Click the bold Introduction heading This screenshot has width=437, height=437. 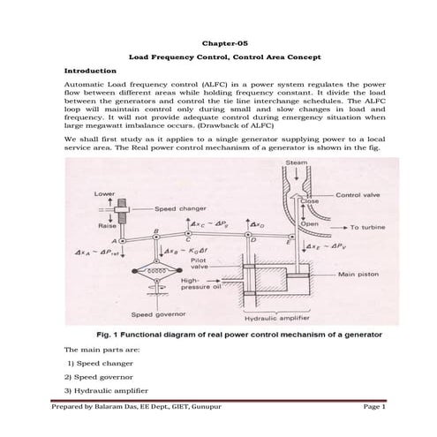point(91,70)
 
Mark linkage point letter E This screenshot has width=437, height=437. point(292,241)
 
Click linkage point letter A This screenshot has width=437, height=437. point(114,239)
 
